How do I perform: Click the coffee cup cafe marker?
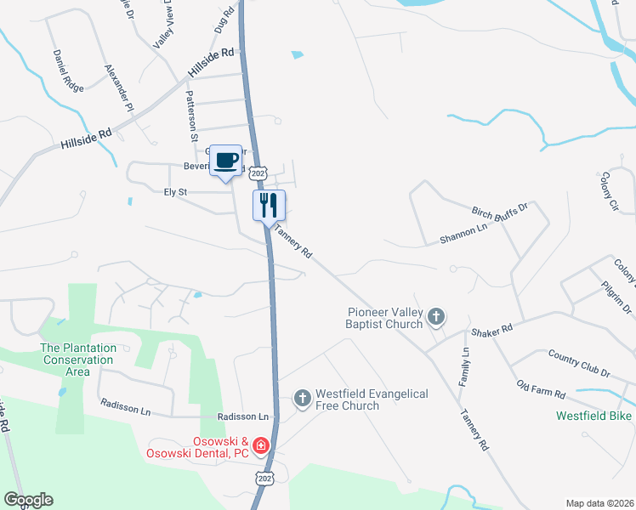pos(225,160)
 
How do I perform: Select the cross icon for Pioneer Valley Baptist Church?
pos(436,318)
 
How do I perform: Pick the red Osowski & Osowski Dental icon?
pos(260,445)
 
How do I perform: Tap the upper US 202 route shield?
pos(260,173)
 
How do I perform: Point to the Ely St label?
pos(175,193)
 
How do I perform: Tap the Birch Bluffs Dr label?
pos(500,207)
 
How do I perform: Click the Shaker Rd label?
pos(493,329)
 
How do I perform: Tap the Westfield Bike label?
pos(594,416)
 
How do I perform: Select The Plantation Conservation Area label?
pos(77,360)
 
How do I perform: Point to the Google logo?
pos(28,500)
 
